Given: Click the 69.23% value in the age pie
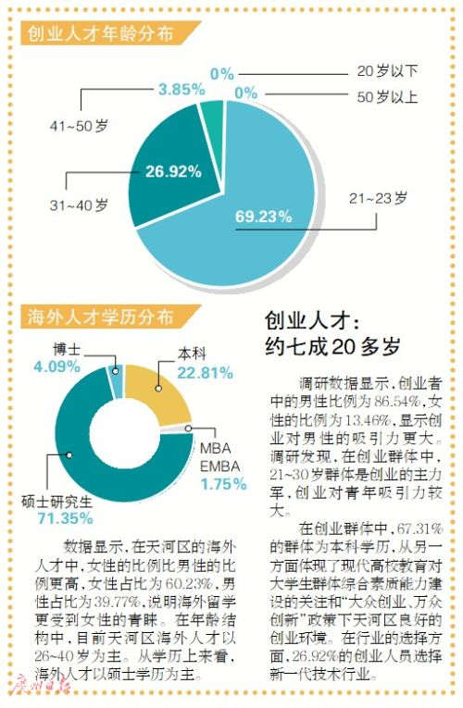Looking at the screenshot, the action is coord(263,217).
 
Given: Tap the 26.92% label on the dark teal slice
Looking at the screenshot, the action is coord(173,171).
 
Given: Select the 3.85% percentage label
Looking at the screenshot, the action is coord(181,90).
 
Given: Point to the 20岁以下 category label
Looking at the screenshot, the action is coord(388,71).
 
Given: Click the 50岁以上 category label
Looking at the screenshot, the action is coord(388,96).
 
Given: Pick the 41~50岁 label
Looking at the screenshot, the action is coord(79,126).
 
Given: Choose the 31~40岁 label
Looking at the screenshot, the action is coord(79,205).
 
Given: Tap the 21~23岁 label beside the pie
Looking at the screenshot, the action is coord(378,198).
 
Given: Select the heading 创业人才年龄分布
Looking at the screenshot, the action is coord(100,33).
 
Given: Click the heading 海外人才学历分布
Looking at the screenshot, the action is coord(100,317).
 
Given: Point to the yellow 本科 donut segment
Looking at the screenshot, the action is coord(156,391).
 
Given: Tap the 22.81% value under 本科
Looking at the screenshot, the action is coord(205,373).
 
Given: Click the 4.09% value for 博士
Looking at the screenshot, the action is coord(56,366).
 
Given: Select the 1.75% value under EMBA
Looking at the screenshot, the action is coord(223,484).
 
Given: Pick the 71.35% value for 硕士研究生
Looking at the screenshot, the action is coord(65,518).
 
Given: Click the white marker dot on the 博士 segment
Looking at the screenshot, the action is coord(115,371).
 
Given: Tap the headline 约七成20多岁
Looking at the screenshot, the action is coord(333,346).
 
